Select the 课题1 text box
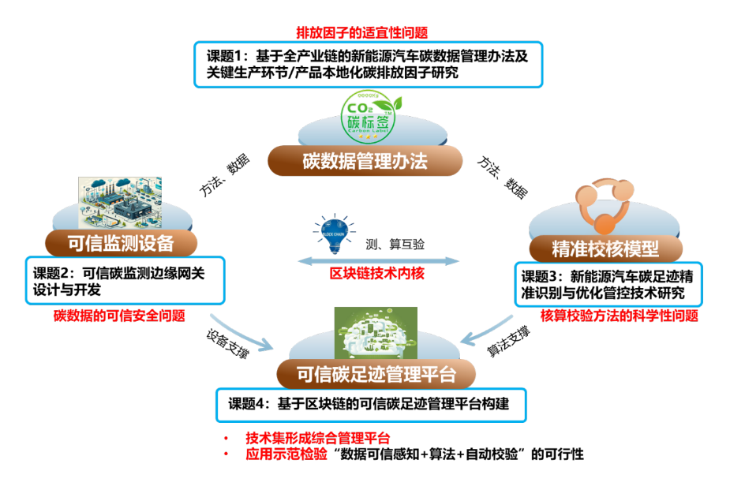pos(369,65)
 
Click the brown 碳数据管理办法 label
pos(365,163)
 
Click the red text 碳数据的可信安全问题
pos(119,316)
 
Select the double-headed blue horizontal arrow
pos(378,261)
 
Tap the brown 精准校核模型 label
pos(605,249)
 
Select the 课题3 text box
pos(607,285)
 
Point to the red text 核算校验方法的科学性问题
pos(619,316)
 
